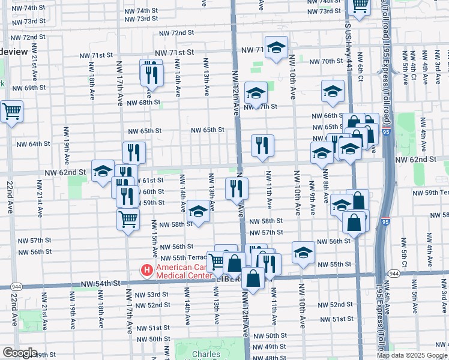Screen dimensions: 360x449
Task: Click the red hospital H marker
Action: tap(146, 271)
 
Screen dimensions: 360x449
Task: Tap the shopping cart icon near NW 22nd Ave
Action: tap(11, 112)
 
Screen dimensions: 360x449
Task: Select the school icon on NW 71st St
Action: tap(276, 48)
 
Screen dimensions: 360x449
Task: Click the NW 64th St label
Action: tap(33, 144)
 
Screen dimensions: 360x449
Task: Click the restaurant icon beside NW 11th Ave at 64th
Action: tap(262, 146)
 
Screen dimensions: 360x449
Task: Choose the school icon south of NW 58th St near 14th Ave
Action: tap(198, 211)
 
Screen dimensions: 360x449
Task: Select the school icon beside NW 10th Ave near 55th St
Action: tap(304, 252)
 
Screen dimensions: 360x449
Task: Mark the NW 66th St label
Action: tap(326, 116)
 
